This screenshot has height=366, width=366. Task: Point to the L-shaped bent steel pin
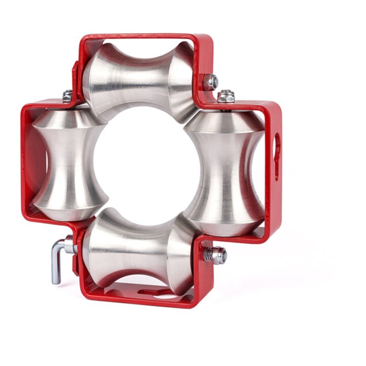point(57,263)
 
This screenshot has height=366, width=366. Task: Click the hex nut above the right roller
point(226,97)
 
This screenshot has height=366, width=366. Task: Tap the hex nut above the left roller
point(67,96)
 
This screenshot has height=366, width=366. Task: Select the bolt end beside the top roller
point(210,82)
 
